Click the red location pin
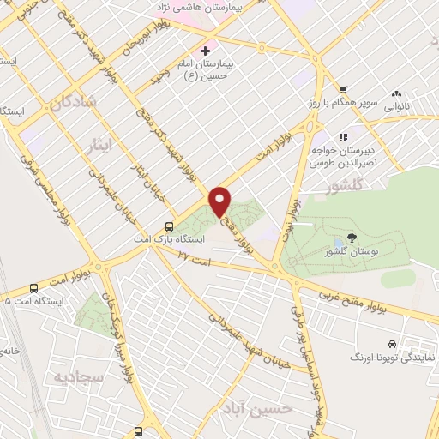[220, 200]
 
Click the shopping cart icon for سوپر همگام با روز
[342, 90]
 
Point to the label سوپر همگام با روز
[340, 103]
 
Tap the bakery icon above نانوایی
[396, 94]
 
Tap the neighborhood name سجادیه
[74, 377]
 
